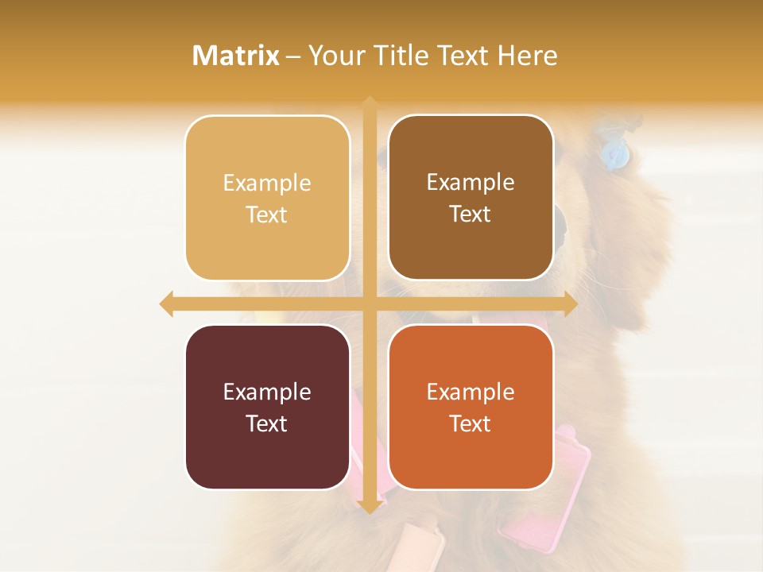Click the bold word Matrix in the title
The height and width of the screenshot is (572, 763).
236,56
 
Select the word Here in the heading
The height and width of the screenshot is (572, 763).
527,56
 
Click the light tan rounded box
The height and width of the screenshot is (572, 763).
267,198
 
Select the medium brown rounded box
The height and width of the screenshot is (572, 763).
471,198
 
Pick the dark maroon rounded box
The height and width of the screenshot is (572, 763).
267,407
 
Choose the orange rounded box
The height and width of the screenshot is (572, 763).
471,407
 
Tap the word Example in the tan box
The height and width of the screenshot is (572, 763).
267,184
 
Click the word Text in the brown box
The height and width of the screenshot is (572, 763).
471,214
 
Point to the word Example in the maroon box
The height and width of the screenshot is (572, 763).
267,392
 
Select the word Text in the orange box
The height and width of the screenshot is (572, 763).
471,423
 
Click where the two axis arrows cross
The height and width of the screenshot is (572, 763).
369,303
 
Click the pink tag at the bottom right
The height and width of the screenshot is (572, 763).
548,493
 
